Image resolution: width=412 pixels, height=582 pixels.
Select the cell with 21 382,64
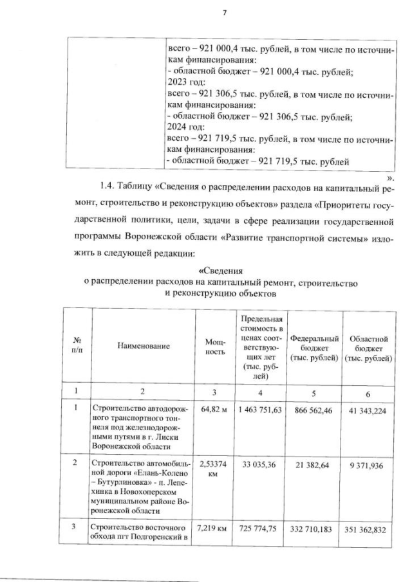coord(315,463)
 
